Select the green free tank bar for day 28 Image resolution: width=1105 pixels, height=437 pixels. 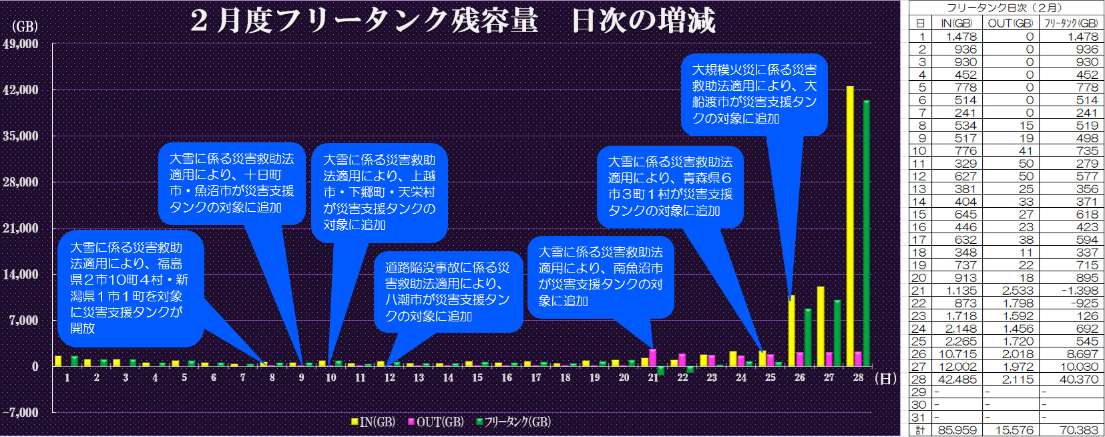click(867, 233)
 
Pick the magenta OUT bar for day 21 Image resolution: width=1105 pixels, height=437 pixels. click(652, 357)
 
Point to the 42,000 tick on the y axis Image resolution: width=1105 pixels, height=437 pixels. click(21, 90)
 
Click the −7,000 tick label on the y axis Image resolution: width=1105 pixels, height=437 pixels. click(21, 412)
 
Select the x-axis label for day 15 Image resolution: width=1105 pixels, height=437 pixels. click(477, 378)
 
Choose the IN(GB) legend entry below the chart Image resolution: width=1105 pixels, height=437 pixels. click(373, 422)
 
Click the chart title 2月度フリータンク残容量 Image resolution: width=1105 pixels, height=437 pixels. click(364, 20)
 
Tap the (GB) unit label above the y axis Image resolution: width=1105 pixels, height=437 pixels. click(25, 27)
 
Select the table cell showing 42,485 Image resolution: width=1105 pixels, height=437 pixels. click(957, 380)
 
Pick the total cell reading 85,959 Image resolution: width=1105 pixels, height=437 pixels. click(957, 430)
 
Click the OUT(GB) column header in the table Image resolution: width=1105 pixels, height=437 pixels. click(1010, 23)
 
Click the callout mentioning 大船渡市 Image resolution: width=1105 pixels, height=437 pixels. click(754, 94)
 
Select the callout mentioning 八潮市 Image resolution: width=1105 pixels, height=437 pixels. click(447, 292)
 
